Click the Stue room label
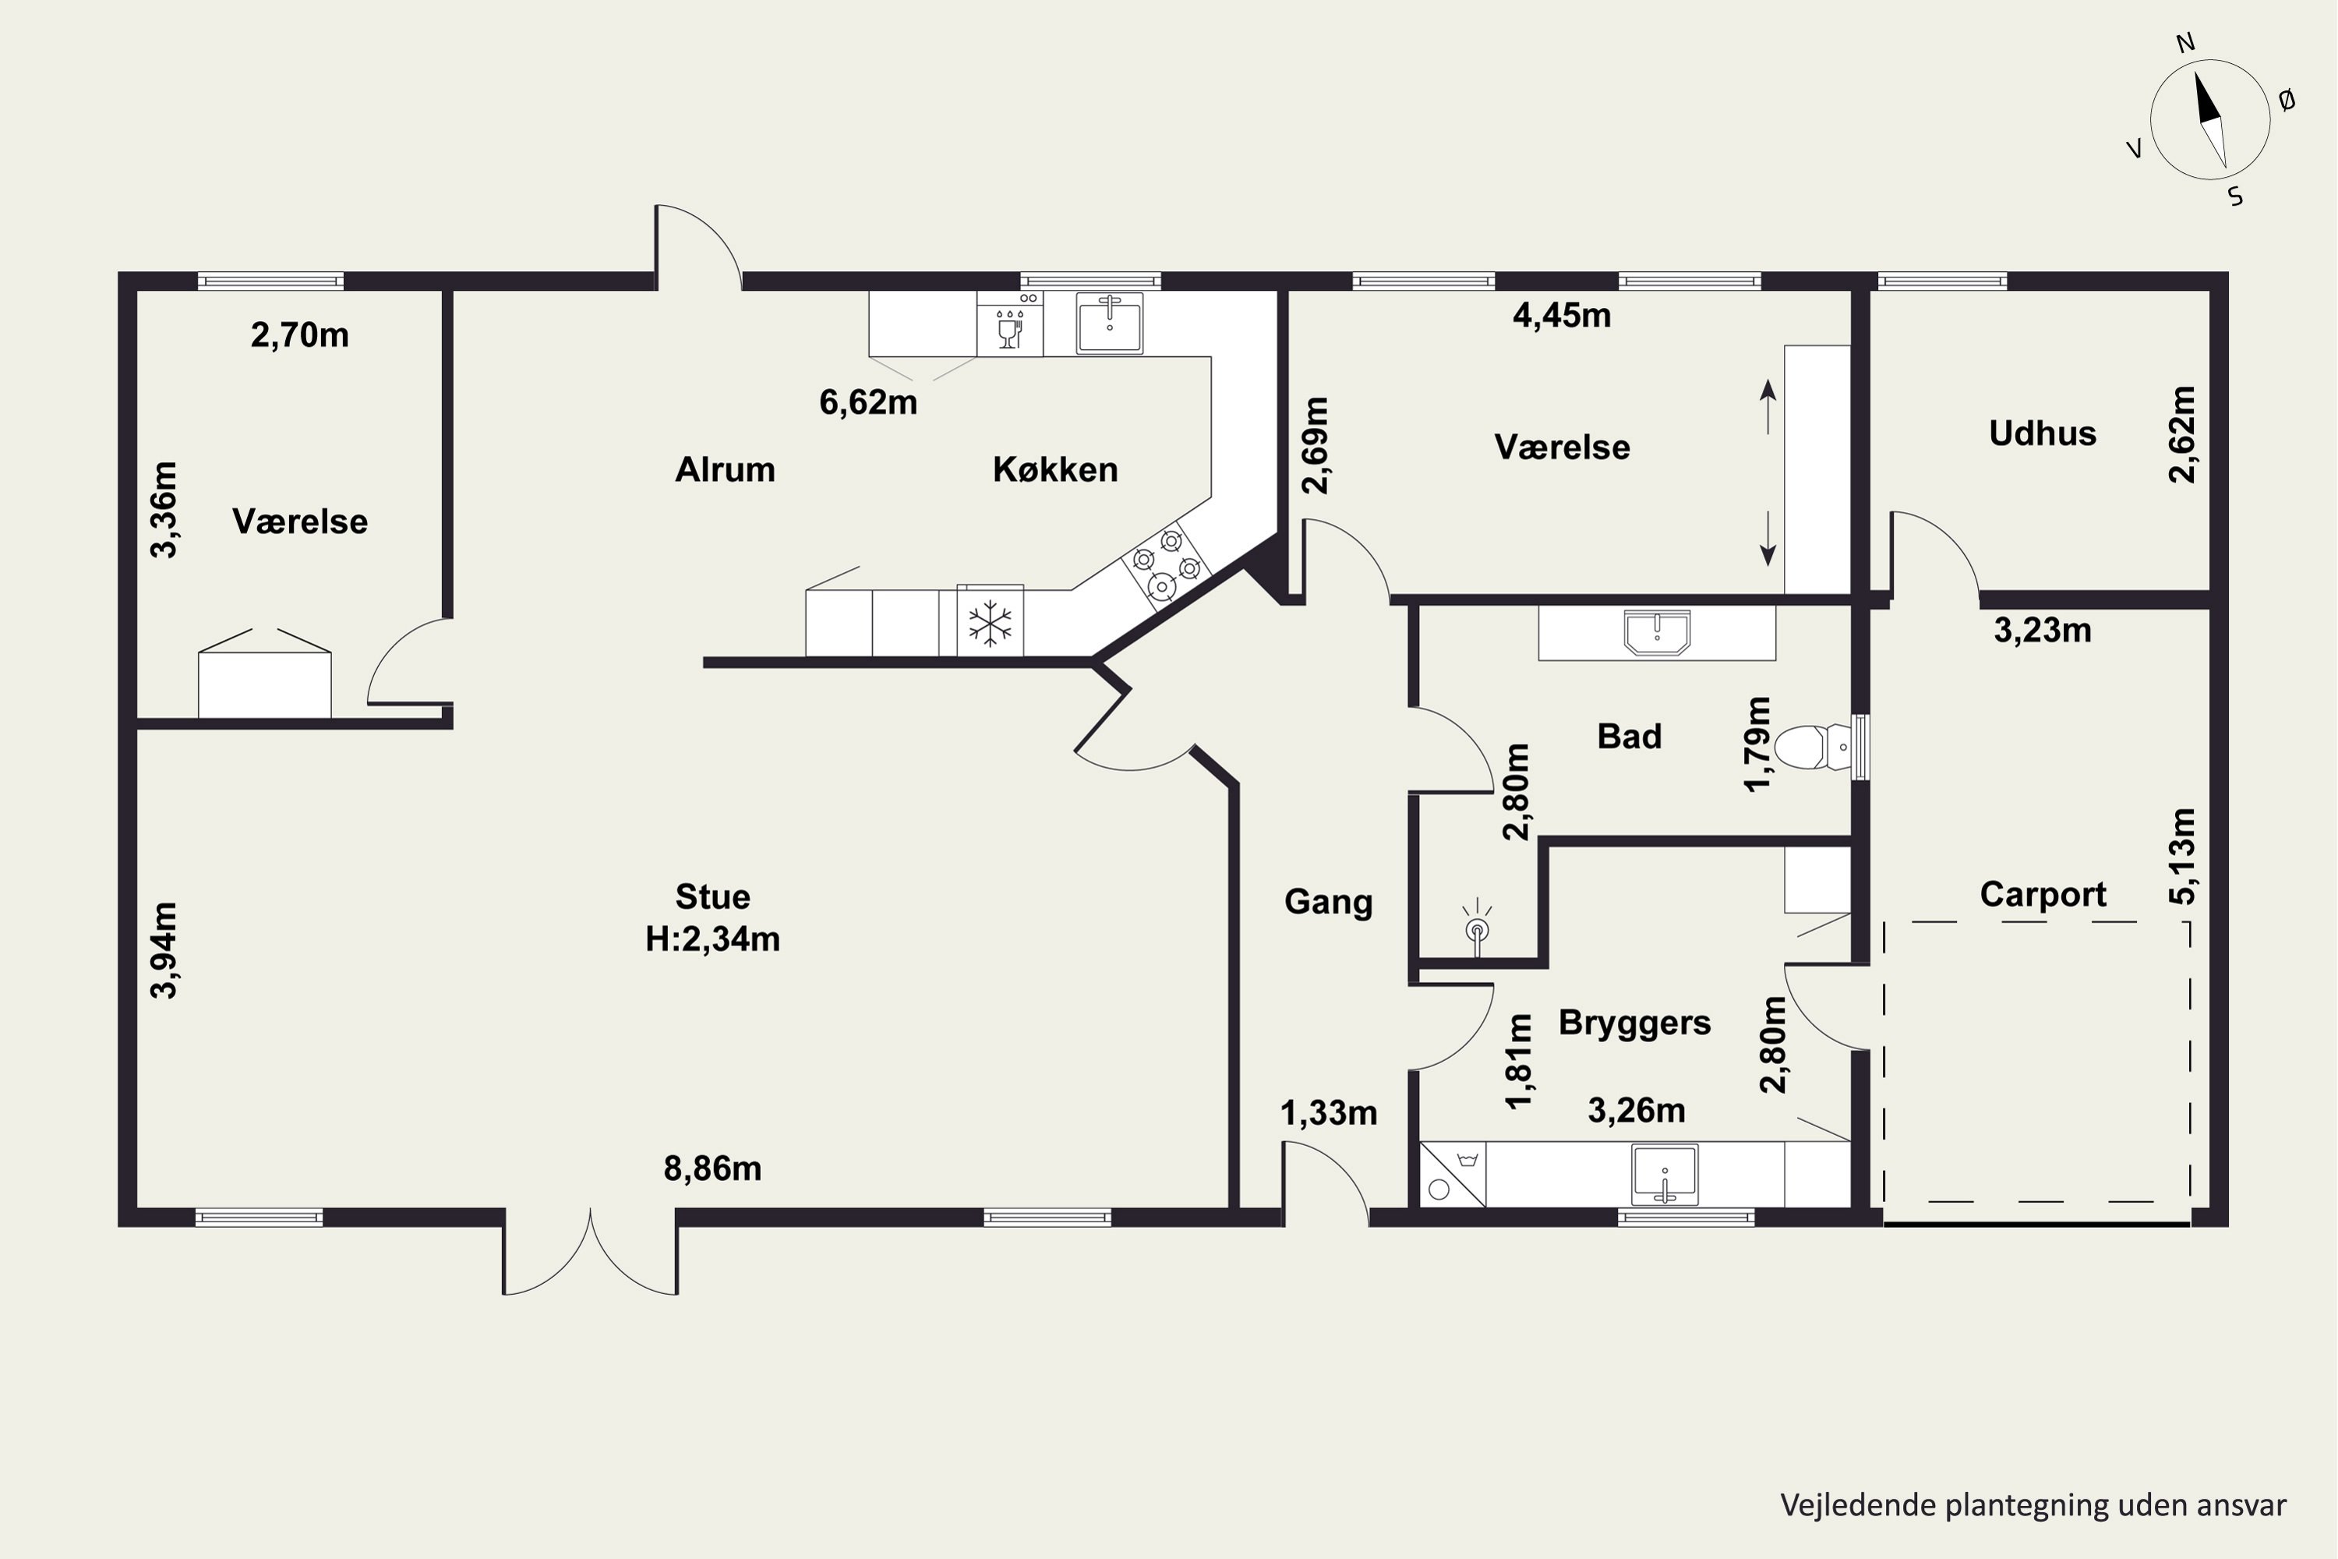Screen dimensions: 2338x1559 pos(713,897)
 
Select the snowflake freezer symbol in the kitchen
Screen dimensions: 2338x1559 pos(990,622)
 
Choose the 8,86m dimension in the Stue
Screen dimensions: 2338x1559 pos(713,1168)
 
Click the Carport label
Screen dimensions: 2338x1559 pos(2043,894)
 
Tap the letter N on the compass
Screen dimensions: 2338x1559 pos(2185,43)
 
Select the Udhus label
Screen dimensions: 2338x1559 pos(2043,433)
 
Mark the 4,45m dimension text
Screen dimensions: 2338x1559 pos(1562,315)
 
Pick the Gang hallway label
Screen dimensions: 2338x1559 pos(1328,902)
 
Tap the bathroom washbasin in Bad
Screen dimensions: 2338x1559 pos(1657,632)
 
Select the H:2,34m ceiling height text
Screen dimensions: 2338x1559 pos(713,939)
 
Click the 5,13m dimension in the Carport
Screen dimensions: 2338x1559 pos(2182,856)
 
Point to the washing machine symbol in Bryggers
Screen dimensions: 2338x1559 pos(1453,1175)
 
